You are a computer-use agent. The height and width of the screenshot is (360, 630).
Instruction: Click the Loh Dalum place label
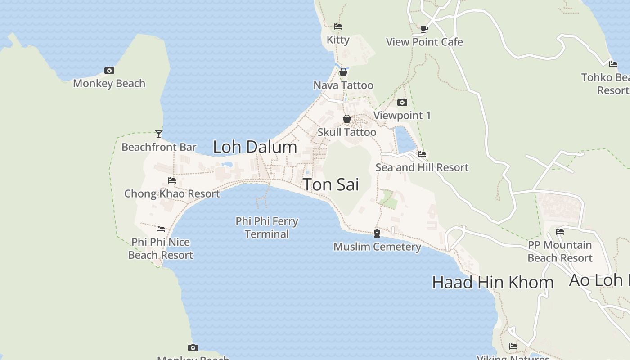click(x=255, y=147)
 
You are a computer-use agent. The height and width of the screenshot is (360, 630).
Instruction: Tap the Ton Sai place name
click(x=331, y=184)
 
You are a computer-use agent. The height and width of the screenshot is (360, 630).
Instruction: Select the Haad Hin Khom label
click(x=493, y=282)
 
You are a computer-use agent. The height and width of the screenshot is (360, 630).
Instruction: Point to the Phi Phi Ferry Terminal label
click(x=267, y=228)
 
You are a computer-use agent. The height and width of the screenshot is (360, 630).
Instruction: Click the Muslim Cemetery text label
click(x=377, y=247)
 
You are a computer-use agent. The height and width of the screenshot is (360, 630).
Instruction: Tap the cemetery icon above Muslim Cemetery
click(x=377, y=234)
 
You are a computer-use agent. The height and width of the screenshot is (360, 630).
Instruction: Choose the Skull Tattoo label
click(x=346, y=132)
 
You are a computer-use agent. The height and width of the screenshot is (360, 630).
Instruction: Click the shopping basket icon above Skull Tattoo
click(x=347, y=119)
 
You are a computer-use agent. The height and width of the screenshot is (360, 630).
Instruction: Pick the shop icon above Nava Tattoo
click(x=343, y=72)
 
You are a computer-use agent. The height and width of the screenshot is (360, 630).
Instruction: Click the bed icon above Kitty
click(x=338, y=27)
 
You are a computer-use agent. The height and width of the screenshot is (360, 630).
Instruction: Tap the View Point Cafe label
click(x=424, y=42)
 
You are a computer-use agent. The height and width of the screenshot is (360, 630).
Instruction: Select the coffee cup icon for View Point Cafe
click(x=424, y=29)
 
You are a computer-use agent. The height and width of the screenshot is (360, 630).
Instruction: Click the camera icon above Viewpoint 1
click(x=402, y=103)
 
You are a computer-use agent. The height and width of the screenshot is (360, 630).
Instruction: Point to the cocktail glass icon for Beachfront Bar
click(x=159, y=134)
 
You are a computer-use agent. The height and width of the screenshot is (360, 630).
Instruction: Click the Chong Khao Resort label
click(x=172, y=194)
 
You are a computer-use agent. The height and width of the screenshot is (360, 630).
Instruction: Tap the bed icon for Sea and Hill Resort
click(x=422, y=154)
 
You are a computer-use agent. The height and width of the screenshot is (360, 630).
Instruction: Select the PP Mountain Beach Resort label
click(x=560, y=252)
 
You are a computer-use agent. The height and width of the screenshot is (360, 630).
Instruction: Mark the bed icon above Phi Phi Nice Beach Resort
click(x=161, y=229)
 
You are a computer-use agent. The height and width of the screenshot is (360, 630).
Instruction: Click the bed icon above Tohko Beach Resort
click(x=613, y=64)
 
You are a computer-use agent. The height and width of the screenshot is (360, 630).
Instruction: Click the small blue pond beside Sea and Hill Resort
click(x=405, y=139)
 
